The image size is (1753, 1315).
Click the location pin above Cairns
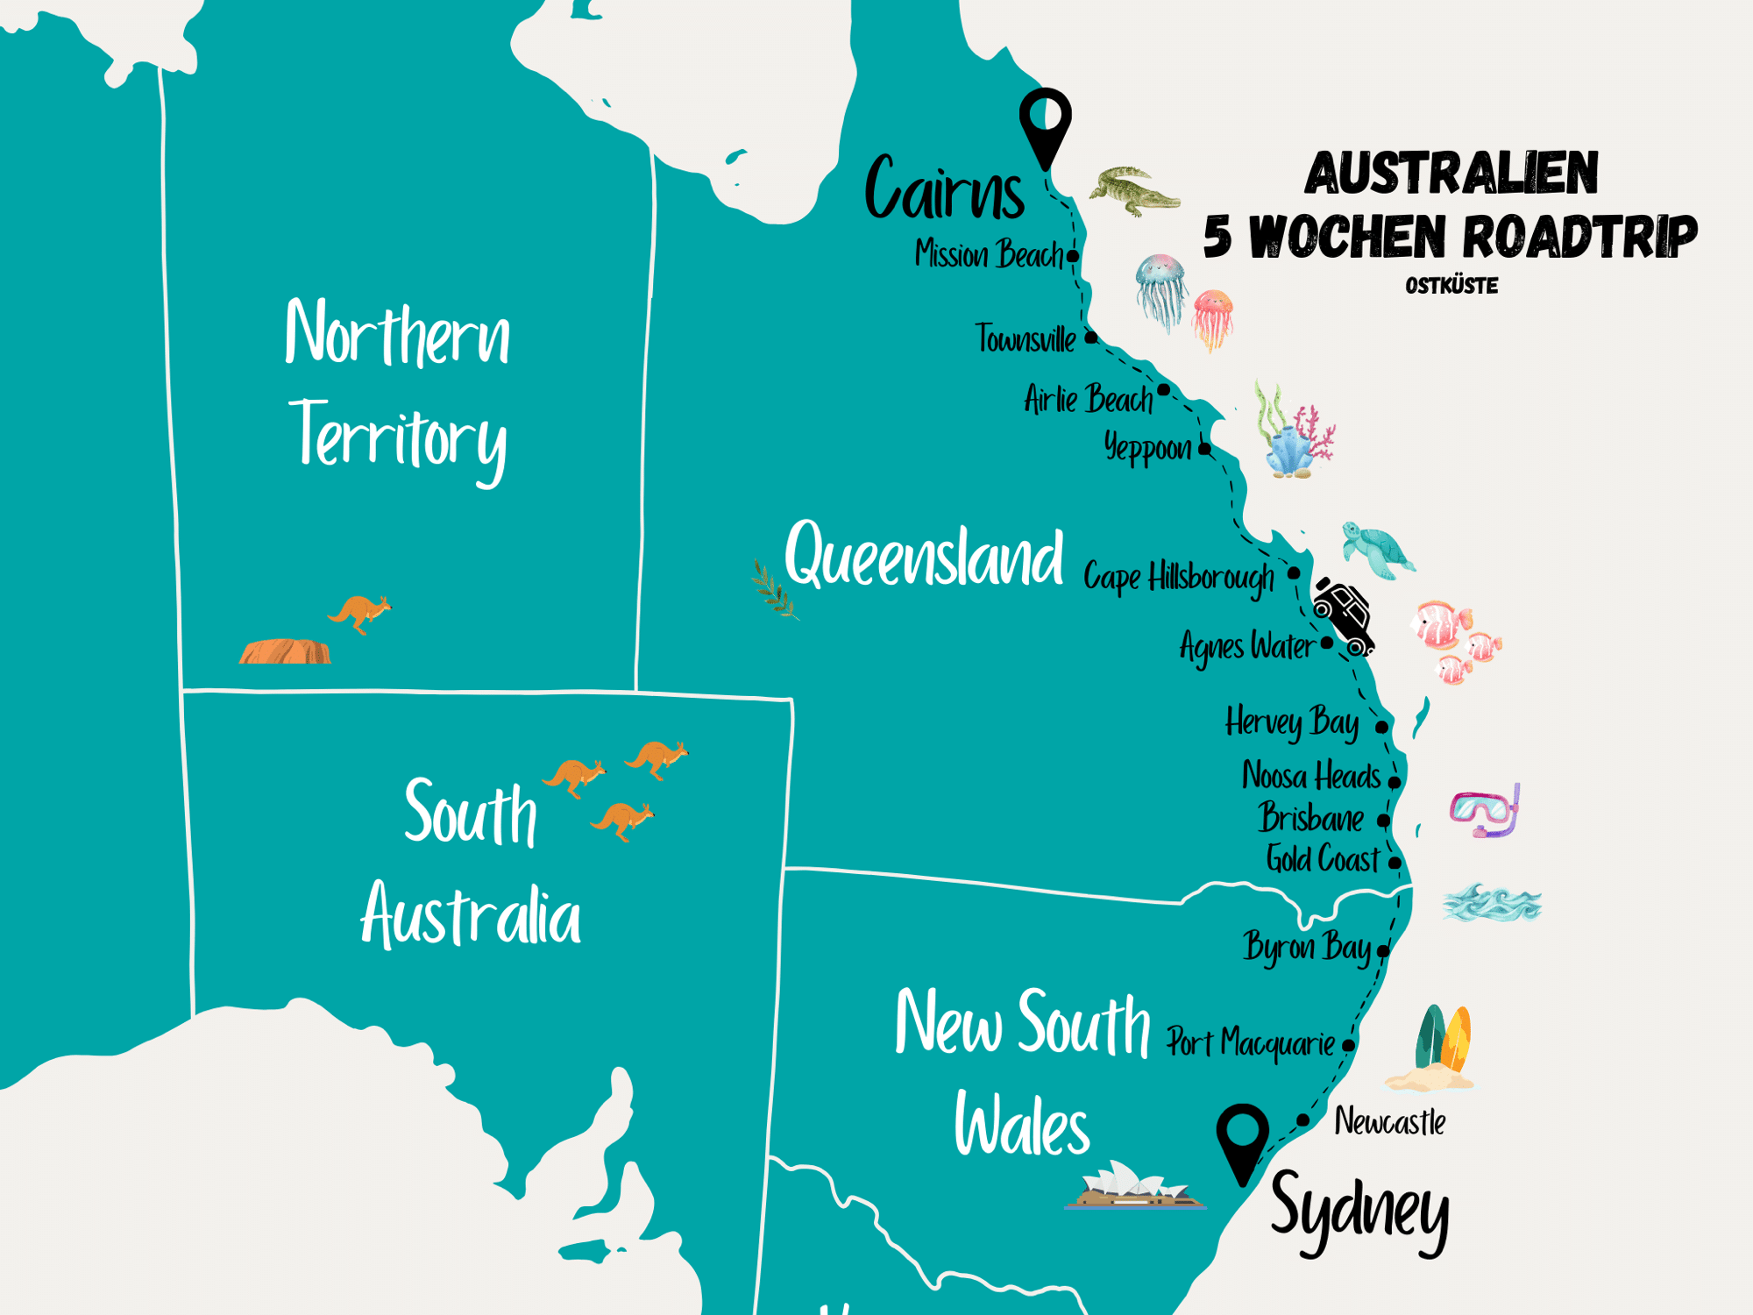coord(1045,123)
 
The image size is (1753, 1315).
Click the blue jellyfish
coord(1160,289)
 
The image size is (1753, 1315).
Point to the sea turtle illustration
coord(1377,551)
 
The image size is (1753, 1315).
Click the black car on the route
coord(1345,616)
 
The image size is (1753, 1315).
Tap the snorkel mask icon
coord(1485,811)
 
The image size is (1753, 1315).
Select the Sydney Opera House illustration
coord(1134,1187)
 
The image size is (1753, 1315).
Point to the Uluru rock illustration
coord(285,651)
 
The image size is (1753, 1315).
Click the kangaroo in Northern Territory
coord(359,612)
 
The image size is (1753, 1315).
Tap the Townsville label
coord(1025,339)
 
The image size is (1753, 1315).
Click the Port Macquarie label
coord(1250,1043)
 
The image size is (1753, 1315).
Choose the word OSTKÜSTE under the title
coord(1451,286)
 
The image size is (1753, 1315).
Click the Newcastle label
coord(1389,1121)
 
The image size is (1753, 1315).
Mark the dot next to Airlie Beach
coord(1163,389)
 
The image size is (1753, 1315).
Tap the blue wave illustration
coord(1492,904)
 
